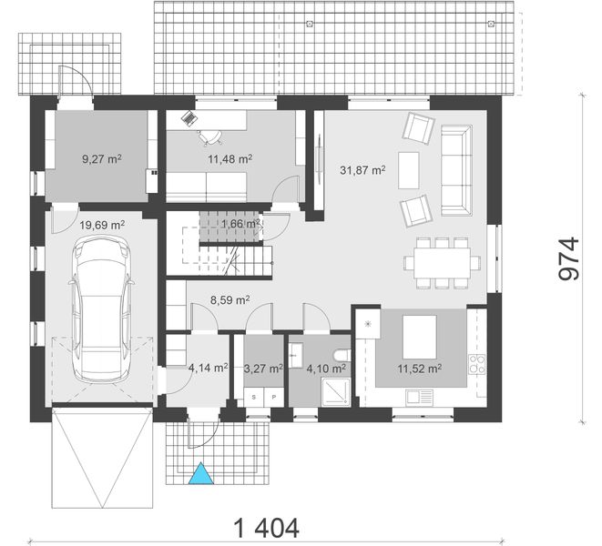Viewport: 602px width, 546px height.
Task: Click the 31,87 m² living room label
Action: coord(362,169)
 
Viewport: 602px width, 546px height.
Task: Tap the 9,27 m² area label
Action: coord(101,158)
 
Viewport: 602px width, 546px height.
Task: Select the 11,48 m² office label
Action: coord(230,158)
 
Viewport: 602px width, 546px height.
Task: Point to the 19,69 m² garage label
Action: coord(101,224)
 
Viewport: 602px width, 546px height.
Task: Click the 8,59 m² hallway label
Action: coord(230,297)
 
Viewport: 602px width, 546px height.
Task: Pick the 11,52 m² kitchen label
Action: coord(420,369)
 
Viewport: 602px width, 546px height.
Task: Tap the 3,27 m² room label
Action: coord(264,369)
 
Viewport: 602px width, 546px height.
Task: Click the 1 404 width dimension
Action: coord(266,527)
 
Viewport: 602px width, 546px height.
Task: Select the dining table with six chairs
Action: coord(443,263)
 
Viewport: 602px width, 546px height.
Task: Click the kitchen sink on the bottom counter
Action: coord(421,397)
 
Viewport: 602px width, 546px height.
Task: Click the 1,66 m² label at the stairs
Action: coord(240,223)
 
